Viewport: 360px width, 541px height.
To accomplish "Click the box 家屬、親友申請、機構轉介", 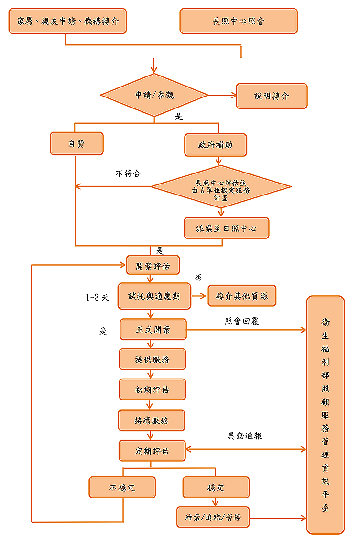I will click(x=67, y=21).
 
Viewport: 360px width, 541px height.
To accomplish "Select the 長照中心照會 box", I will click(x=239, y=21).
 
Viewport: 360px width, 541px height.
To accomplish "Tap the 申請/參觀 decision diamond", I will click(x=154, y=95).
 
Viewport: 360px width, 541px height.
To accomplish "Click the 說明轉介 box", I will click(x=272, y=96).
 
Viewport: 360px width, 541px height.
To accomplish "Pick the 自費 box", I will click(x=76, y=143).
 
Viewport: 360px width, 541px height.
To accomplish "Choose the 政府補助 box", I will click(x=216, y=145).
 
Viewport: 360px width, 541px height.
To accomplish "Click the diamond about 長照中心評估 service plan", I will click(x=221, y=186).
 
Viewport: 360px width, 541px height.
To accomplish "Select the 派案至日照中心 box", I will click(x=226, y=228).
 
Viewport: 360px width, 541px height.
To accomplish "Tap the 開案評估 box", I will click(x=153, y=265).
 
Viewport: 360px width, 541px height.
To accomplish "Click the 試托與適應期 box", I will click(x=154, y=296).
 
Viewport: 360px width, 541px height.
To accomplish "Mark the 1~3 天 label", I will click(x=98, y=298).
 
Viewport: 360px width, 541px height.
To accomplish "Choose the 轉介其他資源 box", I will click(x=242, y=296).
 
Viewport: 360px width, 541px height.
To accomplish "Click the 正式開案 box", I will click(x=153, y=329).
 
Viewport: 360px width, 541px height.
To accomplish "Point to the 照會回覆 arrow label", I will click(x=242, y=321).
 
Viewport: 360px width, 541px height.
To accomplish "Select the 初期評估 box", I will click(x=152, y=390).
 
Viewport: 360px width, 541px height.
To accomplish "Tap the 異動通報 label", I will click(x=245, y=436).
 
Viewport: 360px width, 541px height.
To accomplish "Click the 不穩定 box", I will click(x=122, y=487).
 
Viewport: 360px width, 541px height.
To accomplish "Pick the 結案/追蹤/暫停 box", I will click(x=213, y=517).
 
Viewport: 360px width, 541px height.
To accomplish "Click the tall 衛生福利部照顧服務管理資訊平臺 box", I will click(x=325, y=414).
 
